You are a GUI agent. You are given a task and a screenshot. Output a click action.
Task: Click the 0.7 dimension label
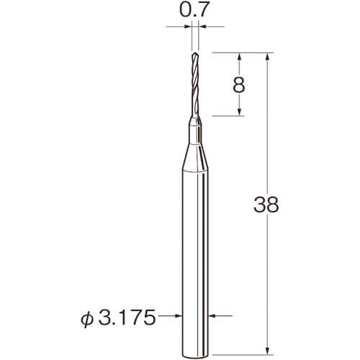193,9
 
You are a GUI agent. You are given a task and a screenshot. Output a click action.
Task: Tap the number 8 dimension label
239,85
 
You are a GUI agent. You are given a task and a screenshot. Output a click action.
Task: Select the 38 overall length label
266,204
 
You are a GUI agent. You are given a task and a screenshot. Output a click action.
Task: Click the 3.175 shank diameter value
127,318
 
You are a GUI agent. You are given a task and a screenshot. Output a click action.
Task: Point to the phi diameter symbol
87,318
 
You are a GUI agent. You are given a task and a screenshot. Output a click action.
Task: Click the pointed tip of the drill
195,53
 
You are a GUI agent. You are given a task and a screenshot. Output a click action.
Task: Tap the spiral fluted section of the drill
195,84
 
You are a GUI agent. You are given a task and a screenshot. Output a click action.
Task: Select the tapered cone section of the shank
195,157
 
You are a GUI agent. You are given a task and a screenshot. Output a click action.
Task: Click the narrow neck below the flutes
195,130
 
